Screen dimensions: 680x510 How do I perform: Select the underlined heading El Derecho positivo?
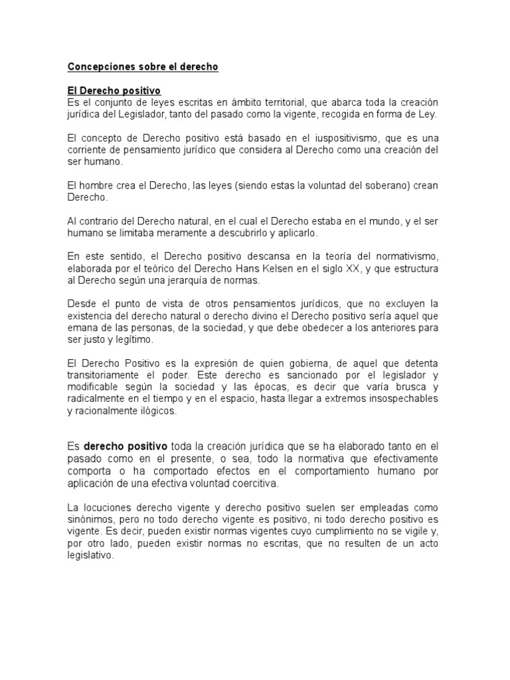click(x=114, y=90)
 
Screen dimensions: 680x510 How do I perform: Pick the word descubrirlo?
click(x=232, y=233)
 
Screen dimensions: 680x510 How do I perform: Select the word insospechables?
click(x=398, y=398)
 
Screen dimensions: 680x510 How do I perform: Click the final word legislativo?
click(x=90, y=556)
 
